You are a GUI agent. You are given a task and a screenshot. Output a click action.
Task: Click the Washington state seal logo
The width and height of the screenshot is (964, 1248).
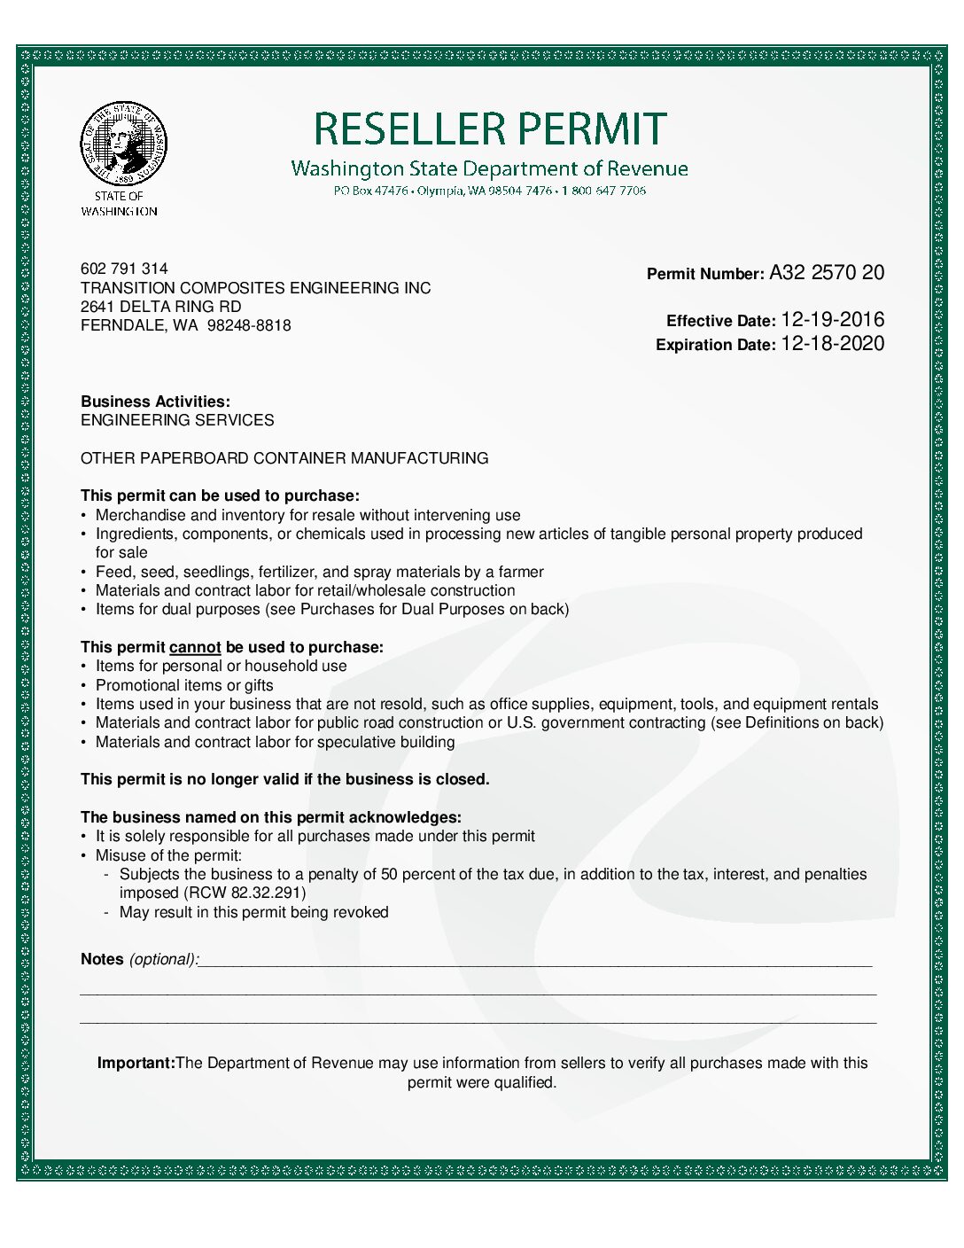coord(123,143)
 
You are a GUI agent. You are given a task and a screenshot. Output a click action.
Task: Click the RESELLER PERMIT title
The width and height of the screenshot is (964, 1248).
coord(490,129)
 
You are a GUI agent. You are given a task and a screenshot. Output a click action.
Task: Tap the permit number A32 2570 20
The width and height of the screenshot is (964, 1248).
coord(826,273)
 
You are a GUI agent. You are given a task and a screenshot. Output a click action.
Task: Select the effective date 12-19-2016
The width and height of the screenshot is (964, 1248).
coord(832,320)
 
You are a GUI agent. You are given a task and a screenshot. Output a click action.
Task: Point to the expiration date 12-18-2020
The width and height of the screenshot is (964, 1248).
coord(832,344)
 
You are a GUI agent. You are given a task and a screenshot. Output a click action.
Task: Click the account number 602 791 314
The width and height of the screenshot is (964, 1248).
coord(124,269)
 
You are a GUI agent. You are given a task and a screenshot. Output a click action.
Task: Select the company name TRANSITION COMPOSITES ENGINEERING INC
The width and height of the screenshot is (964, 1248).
coord(255,288)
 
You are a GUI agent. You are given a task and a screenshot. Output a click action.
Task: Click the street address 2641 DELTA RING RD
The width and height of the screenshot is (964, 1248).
coord(160,307)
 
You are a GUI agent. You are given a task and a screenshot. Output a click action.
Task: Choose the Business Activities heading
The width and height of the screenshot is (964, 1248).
coord(155,402)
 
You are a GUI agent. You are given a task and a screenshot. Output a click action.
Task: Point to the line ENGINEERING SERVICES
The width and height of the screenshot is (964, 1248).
coord(177,420)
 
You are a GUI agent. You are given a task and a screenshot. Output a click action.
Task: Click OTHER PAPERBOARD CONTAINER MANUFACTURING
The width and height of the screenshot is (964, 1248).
coord(284,458)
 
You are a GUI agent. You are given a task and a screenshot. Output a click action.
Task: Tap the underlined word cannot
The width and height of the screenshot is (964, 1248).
coord(195,647)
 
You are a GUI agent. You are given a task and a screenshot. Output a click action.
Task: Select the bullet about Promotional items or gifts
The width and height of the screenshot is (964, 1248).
coord(184,685)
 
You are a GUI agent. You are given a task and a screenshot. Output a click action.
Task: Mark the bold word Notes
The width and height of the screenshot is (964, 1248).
coord(102,959)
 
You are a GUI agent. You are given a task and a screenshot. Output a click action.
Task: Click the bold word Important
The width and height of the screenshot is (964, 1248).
coord(136,1063)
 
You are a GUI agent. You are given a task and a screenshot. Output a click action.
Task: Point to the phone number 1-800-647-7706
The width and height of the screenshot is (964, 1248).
coord(603,191)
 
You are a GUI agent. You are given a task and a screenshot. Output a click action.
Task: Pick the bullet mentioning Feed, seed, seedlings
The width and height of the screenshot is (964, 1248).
coord(319,572)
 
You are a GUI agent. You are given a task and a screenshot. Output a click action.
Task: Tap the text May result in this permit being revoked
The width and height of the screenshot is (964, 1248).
coord(253,912)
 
